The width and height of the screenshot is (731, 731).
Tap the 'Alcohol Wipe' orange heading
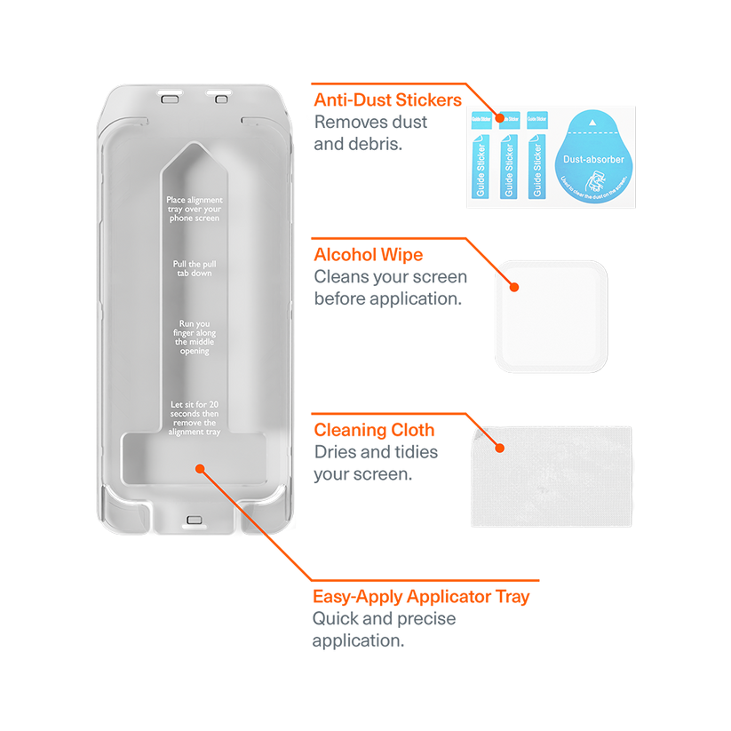368,255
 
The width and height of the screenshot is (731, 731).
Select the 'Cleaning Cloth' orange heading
374,431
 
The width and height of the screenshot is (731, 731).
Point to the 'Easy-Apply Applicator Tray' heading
421,597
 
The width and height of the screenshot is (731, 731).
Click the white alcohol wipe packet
551,316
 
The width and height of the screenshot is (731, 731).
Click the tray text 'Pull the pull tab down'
194,268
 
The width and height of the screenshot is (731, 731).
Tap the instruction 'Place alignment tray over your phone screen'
194,209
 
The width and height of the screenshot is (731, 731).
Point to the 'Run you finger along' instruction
194,337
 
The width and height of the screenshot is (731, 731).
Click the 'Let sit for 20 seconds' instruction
194,418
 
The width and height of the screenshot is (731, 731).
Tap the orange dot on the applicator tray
199,467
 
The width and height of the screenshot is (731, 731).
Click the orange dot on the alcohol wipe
513,286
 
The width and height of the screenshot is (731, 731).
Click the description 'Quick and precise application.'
384,629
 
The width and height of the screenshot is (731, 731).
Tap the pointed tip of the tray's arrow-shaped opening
194,144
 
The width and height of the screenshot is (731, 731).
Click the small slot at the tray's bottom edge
194,520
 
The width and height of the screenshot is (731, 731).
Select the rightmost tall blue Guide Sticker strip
535,167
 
